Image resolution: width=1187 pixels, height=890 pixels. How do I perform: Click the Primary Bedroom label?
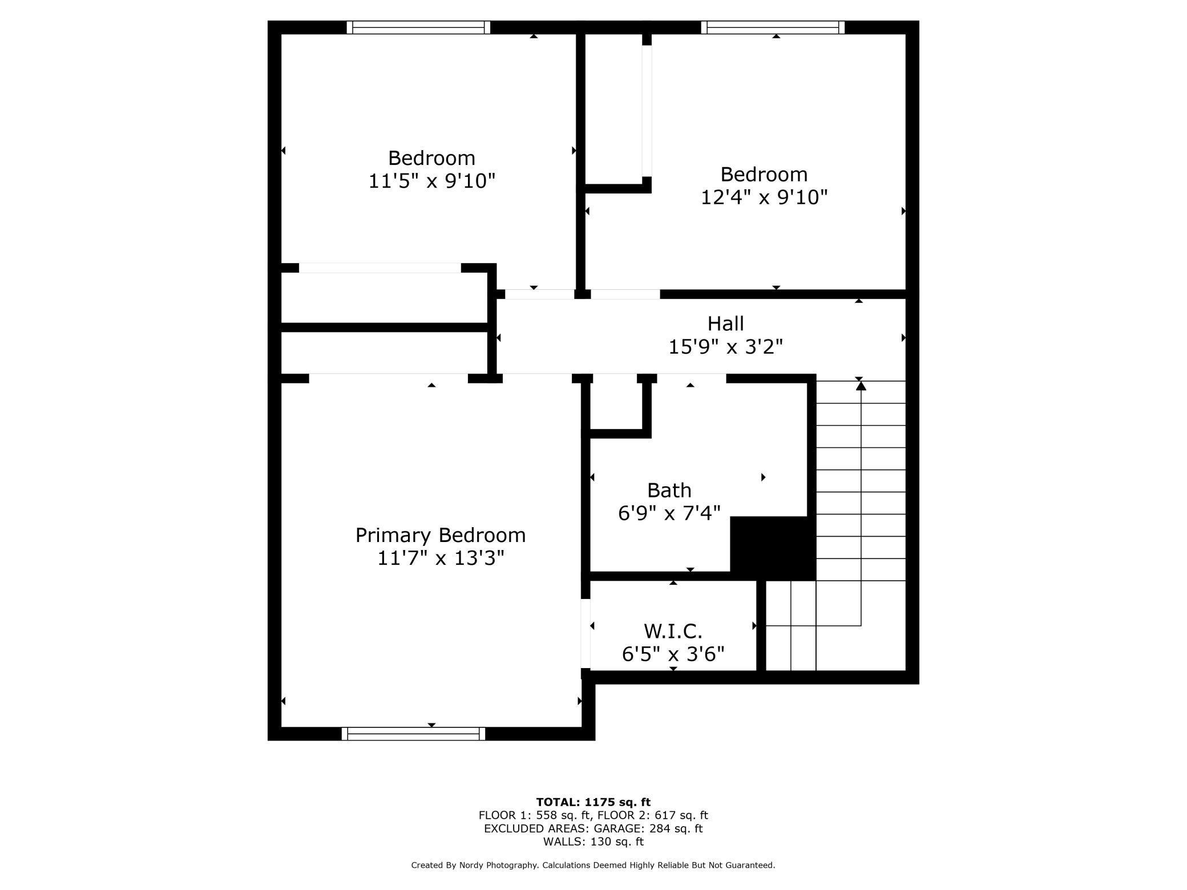(440, 535)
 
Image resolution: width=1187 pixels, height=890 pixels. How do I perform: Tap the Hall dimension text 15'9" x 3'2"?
(725, 347)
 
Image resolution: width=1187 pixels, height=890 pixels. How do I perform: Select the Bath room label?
(669, 491)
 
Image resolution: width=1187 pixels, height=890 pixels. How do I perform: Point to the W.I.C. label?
(673, 632)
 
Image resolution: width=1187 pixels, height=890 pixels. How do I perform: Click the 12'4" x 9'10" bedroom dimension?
(764, 197)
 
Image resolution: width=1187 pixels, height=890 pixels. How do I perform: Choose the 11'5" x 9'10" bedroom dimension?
(431, 181)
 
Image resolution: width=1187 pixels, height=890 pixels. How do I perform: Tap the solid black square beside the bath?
(773, 548)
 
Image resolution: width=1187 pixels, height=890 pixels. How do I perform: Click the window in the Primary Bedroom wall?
(413, 734)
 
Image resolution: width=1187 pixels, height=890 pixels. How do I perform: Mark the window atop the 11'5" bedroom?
(418, 27)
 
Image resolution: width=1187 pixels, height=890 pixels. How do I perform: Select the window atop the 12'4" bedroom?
(773, 27)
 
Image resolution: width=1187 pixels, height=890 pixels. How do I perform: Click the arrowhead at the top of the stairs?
(861, 386)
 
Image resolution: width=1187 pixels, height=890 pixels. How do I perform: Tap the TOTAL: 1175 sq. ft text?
(593, 802)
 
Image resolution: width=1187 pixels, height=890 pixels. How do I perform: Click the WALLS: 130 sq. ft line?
(593, 842)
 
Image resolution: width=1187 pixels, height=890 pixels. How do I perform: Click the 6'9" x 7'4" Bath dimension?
(669, 513)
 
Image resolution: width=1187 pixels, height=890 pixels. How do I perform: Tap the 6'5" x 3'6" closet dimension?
(673, 654)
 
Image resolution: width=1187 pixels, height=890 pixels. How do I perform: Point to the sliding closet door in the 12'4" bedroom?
(647, 111)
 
